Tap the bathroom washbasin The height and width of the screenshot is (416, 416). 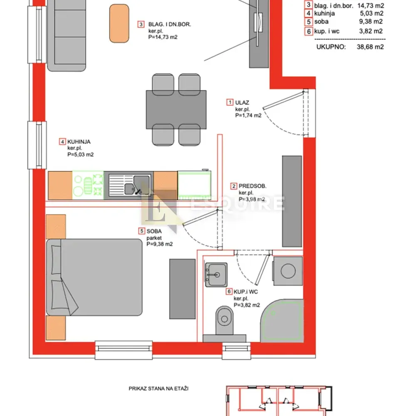(x=216, y=275)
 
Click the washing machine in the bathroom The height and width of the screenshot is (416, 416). (x=288, y=271)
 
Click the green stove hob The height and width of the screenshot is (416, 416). (x=88, y=185)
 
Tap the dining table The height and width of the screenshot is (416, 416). (x=176, y=109)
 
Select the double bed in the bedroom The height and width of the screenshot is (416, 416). (x=94, y=277)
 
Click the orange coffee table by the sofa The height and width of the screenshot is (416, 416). (x=119, y=23)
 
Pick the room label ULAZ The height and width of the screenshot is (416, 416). (x=242, y=102)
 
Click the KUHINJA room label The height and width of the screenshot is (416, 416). (x=79, y=142)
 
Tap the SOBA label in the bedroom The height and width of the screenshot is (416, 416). (x=154, y=231)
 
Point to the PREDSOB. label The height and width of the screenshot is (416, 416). (x=253, y=186)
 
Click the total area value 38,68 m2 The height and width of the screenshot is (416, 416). (x=370, y=47)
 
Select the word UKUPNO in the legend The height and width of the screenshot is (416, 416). (x=331, y=47)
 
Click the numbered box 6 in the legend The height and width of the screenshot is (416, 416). (x=309, y=31)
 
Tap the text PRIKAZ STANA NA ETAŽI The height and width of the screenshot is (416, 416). (x=158, y=389)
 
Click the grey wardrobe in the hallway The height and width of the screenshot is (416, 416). (x=292, y=201)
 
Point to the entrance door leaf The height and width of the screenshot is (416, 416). (x=283, y=100)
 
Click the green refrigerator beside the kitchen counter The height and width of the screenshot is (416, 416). (x=194, y=185)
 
